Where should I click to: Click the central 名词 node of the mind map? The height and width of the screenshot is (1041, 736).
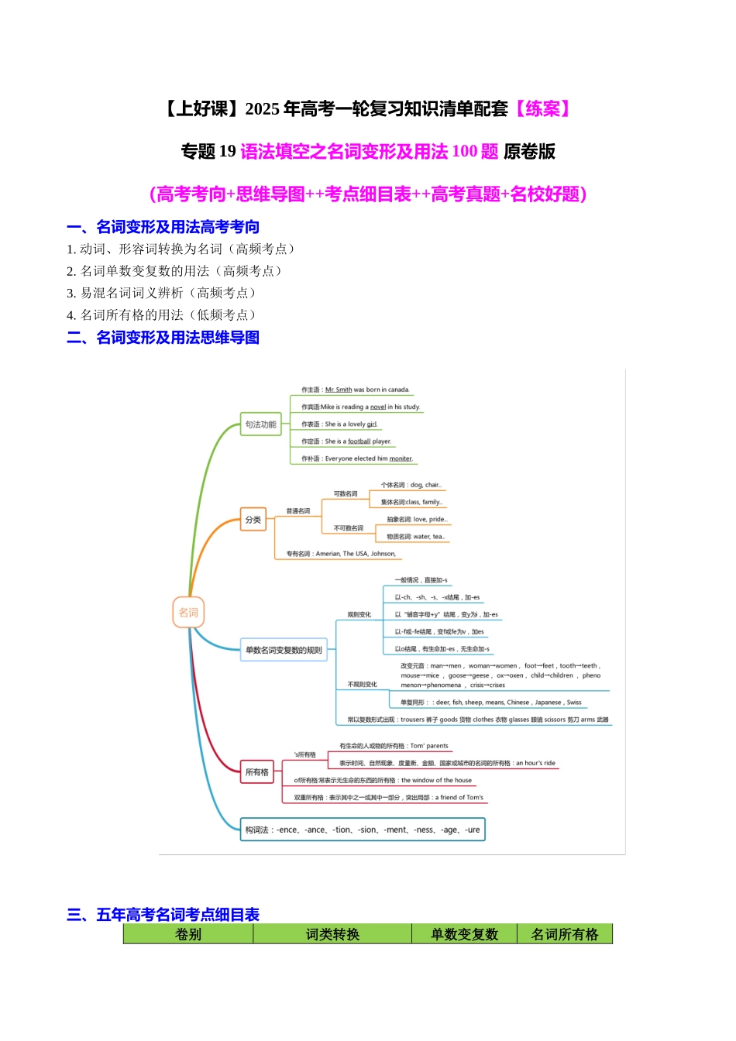coord(188,613)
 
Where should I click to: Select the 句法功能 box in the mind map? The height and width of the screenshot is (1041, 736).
coord(260,424)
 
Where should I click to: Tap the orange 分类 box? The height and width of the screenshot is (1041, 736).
coord(253,520)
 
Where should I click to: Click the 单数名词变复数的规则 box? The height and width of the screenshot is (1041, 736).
coord(284,650)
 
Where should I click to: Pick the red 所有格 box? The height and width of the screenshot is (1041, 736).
coord(257,772)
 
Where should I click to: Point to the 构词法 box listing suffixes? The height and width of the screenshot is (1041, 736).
coord(363,830)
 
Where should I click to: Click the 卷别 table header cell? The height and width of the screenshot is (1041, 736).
coord(188,934)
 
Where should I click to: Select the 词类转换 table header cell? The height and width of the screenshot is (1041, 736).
coord(332,934)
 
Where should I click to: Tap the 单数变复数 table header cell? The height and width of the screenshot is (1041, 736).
coord(464,934)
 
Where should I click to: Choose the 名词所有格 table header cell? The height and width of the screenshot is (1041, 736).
coord(565,934)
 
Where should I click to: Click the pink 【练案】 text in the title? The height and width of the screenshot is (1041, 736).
coord(542,109)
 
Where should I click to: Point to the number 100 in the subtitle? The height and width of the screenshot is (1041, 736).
coord(465,152)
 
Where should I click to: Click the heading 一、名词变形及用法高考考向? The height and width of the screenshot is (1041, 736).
coord(163,227)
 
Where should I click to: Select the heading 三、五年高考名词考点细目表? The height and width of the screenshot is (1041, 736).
coord(163,915)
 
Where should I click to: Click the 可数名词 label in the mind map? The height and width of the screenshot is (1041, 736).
coord(346,493)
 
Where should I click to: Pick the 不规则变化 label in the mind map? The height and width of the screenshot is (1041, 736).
coord(362,684)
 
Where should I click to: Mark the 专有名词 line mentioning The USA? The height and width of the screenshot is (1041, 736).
coord(341,554)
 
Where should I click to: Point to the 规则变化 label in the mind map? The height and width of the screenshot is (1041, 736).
coord(359,614)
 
